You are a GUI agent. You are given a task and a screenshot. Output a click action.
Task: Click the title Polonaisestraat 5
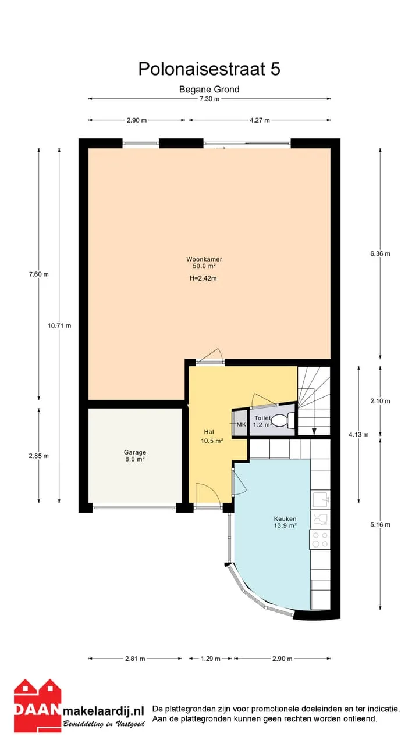[209, 69]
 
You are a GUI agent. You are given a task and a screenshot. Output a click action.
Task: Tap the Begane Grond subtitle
[209, 90]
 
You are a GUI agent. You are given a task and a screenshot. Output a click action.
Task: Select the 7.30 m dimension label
[210, 99]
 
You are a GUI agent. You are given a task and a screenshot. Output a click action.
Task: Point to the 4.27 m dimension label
[260, 120]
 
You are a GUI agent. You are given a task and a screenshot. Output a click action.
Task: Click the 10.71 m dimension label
[59, 325]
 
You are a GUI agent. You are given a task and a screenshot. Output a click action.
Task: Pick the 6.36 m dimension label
[380, 253]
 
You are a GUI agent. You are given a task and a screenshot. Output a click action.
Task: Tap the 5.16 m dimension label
[380, 524]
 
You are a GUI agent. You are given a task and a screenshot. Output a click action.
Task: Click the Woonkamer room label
[204, 259]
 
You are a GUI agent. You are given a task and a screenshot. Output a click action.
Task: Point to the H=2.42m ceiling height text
[203, 278]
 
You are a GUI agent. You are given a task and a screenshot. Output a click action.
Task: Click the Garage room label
[135, 452]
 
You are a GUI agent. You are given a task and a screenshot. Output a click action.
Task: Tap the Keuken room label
[285, 518]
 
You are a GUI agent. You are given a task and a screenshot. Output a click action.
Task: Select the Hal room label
[209, 432]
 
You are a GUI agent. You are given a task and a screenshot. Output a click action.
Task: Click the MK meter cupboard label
[242, 424]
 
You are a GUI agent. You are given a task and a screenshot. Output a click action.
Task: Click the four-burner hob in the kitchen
[320, 540]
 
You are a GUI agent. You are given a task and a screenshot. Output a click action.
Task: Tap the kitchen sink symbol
[321, 500]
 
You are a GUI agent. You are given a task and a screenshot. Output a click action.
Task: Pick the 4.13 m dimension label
[358, 434]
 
